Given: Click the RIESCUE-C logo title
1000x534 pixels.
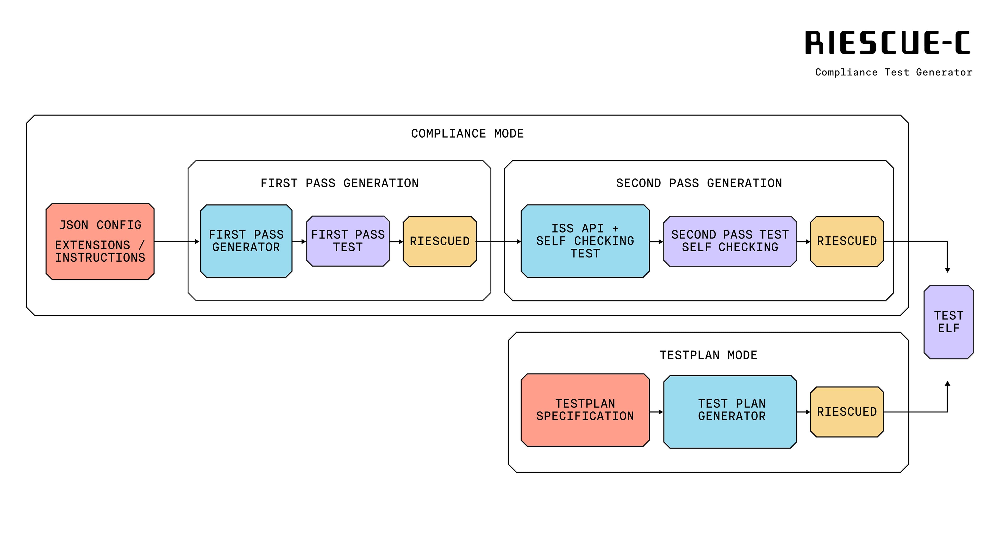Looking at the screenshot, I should (x=888, y=43).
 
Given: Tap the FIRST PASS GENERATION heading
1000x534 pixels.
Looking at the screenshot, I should (x=339, y=183).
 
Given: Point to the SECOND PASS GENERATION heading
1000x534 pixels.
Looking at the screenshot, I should (x=699, y=183).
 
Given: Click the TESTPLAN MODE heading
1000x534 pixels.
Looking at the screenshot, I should (x=708, y=355).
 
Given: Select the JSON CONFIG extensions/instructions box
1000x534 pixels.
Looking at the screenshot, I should (x=100, y=241).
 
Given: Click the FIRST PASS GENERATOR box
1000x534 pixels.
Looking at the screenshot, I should (x=246, y=241).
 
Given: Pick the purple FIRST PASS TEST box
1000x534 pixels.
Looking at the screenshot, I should (x=348, y=241).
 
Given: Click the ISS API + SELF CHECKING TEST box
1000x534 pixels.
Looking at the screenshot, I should (x=585, y=241).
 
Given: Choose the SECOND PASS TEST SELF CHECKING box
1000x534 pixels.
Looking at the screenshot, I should (x=730, y=241).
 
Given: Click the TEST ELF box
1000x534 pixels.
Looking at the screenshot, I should (x=948, y=322).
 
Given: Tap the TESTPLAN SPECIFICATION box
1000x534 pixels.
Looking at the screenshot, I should (x=585, y=410).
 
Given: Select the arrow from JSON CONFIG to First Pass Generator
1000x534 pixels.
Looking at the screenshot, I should (x=177, y=242).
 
